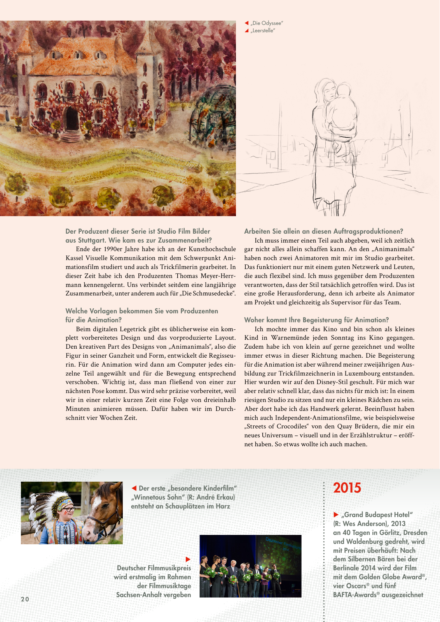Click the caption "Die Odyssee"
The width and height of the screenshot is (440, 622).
[x=267, y=23]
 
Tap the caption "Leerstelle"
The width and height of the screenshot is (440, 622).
[x=263, y=31]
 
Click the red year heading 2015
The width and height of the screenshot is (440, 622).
[x=347, y=488]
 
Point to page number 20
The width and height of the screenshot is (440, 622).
[x=25, y=599]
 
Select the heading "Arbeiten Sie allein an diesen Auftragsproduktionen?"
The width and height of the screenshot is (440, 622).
[x=323, y=231]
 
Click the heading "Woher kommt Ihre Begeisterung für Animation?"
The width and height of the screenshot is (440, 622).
[x=316, y=320]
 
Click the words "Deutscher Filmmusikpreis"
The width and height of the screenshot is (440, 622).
[x=154, y=568]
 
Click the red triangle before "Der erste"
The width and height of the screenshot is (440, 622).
[x=134, y=488]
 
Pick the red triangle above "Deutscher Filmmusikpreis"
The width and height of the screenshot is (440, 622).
[x=188, y=559]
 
